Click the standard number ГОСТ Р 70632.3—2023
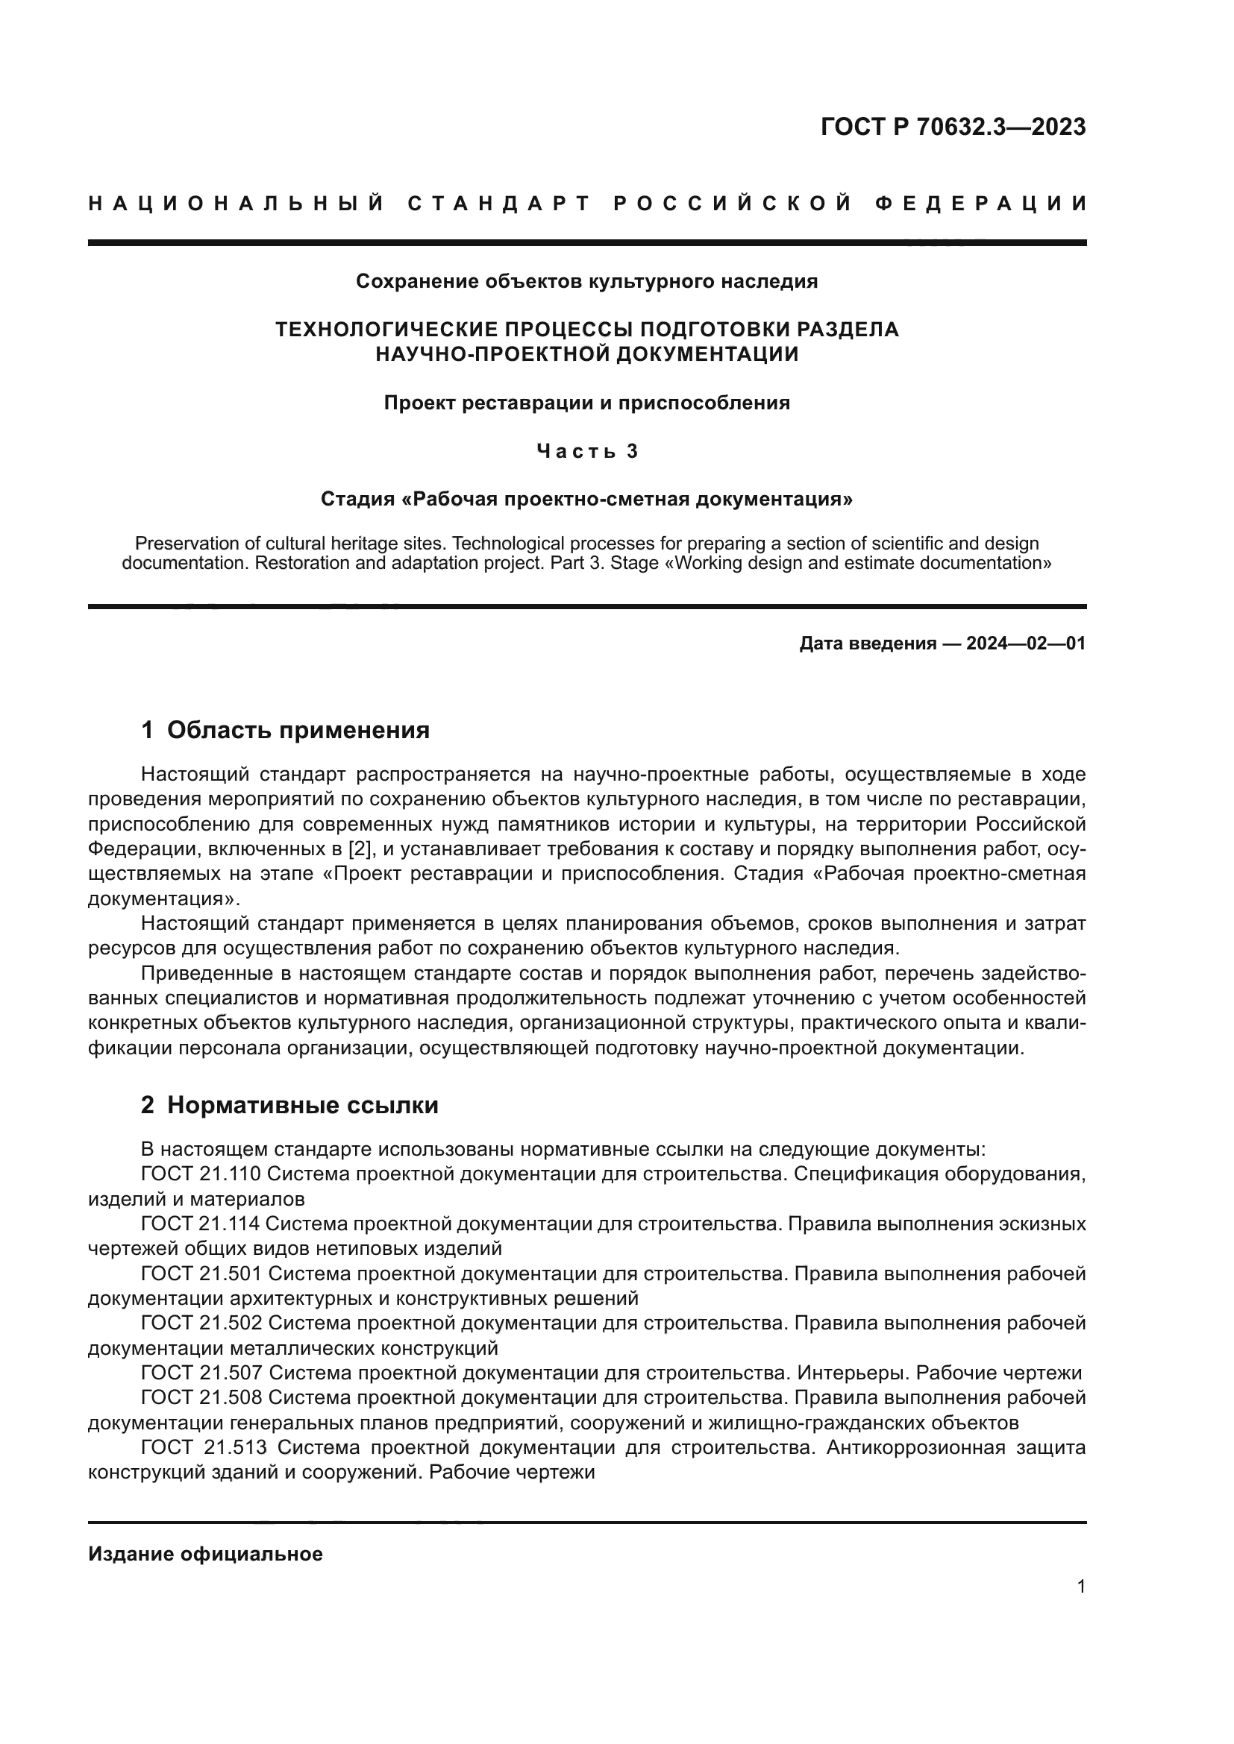(953, 127)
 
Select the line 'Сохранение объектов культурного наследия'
(586, 282)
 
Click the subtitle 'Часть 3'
(586, 451)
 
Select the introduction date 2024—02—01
(1025, 644)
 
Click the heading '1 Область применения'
(285, 730)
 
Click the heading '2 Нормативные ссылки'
(289, 1105)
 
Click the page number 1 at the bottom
(1080, 1587)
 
